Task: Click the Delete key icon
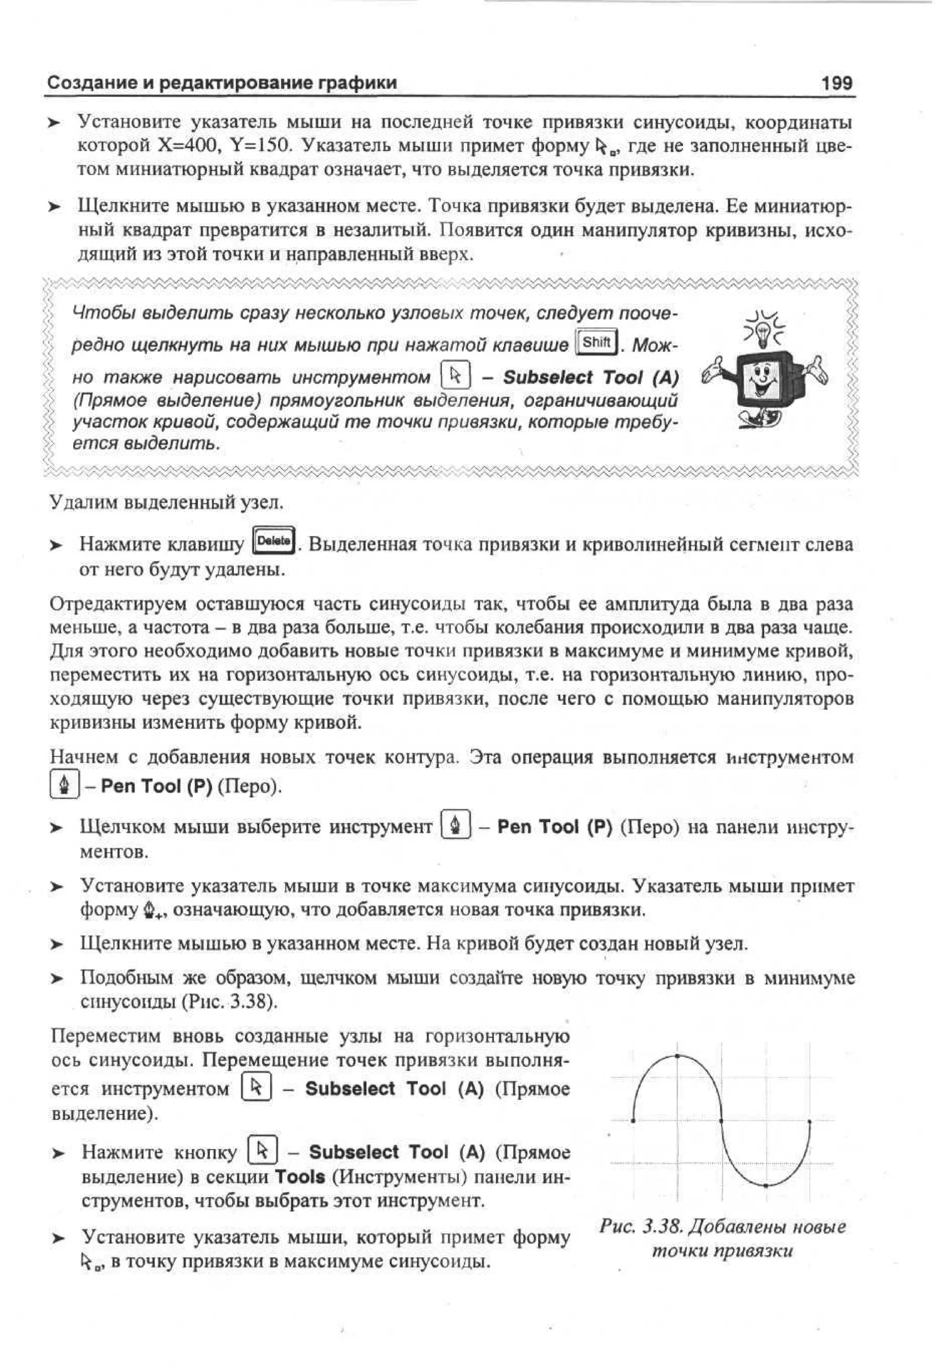273,541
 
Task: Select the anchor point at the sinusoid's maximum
678,1056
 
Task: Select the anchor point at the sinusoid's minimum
765,1185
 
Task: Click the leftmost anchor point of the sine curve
633,1120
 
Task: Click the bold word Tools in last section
300,1176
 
